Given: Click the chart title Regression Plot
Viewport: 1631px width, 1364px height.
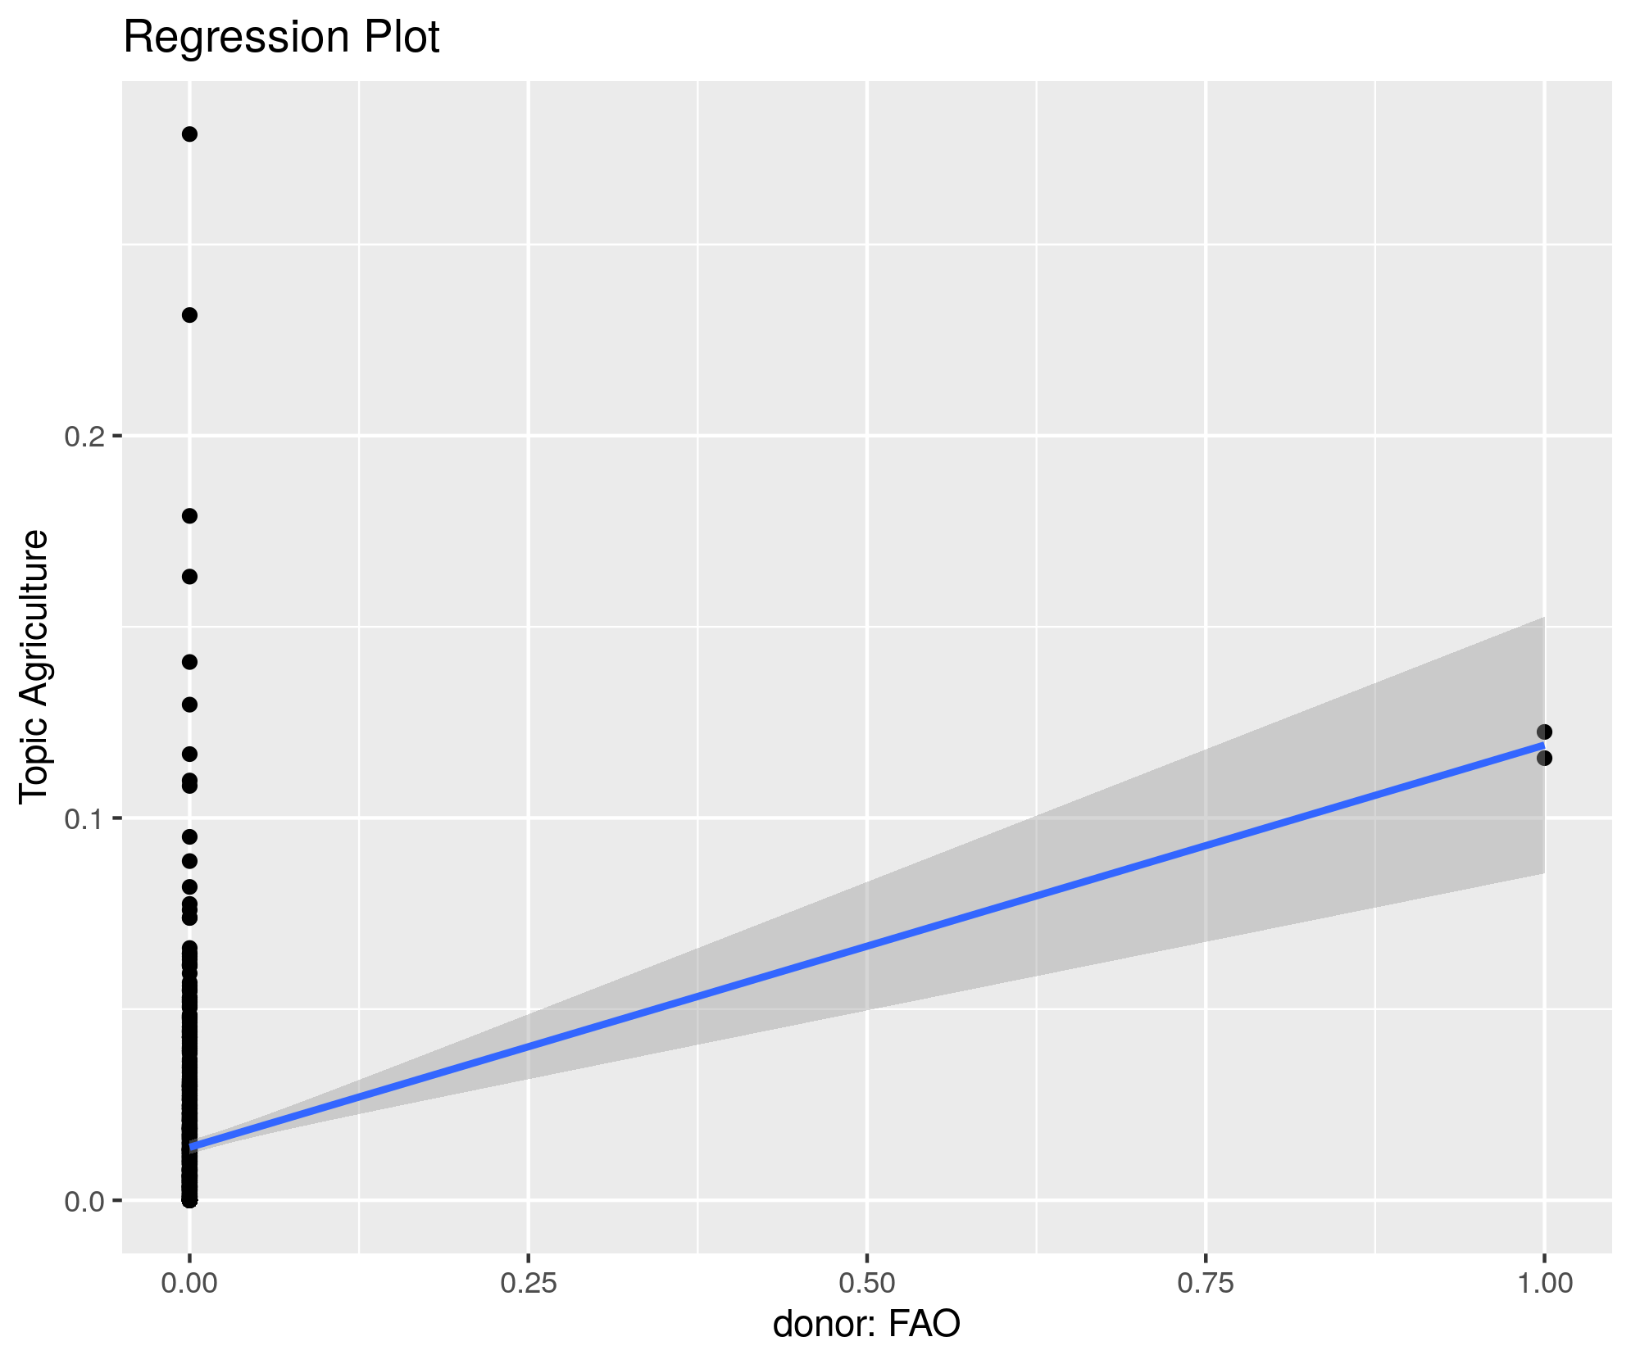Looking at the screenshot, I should pos(281,38).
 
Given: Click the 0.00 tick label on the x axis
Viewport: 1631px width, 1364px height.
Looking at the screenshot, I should pos(189,1283).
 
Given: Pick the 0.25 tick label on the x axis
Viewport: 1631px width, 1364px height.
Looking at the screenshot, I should pos(529,1283).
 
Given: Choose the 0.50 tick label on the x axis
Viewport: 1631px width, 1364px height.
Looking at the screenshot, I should pos(867,1283).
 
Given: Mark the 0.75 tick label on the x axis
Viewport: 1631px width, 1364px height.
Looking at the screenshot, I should pos(1206,1283).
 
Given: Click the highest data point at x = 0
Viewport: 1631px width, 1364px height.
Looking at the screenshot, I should pos(189,134).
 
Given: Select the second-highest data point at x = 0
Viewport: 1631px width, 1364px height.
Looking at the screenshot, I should pos(189,315).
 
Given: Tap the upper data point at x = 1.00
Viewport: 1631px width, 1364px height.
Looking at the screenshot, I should pos(1545,732).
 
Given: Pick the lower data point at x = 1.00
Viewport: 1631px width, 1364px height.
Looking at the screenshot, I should pos(1545,758).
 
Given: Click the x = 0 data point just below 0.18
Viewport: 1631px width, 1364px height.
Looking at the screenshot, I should pos(189,515).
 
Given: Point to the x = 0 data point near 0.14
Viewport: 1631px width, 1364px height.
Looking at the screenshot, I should pos(189,662).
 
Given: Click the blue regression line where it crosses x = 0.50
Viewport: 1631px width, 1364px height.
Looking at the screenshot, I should pos(867,945).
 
